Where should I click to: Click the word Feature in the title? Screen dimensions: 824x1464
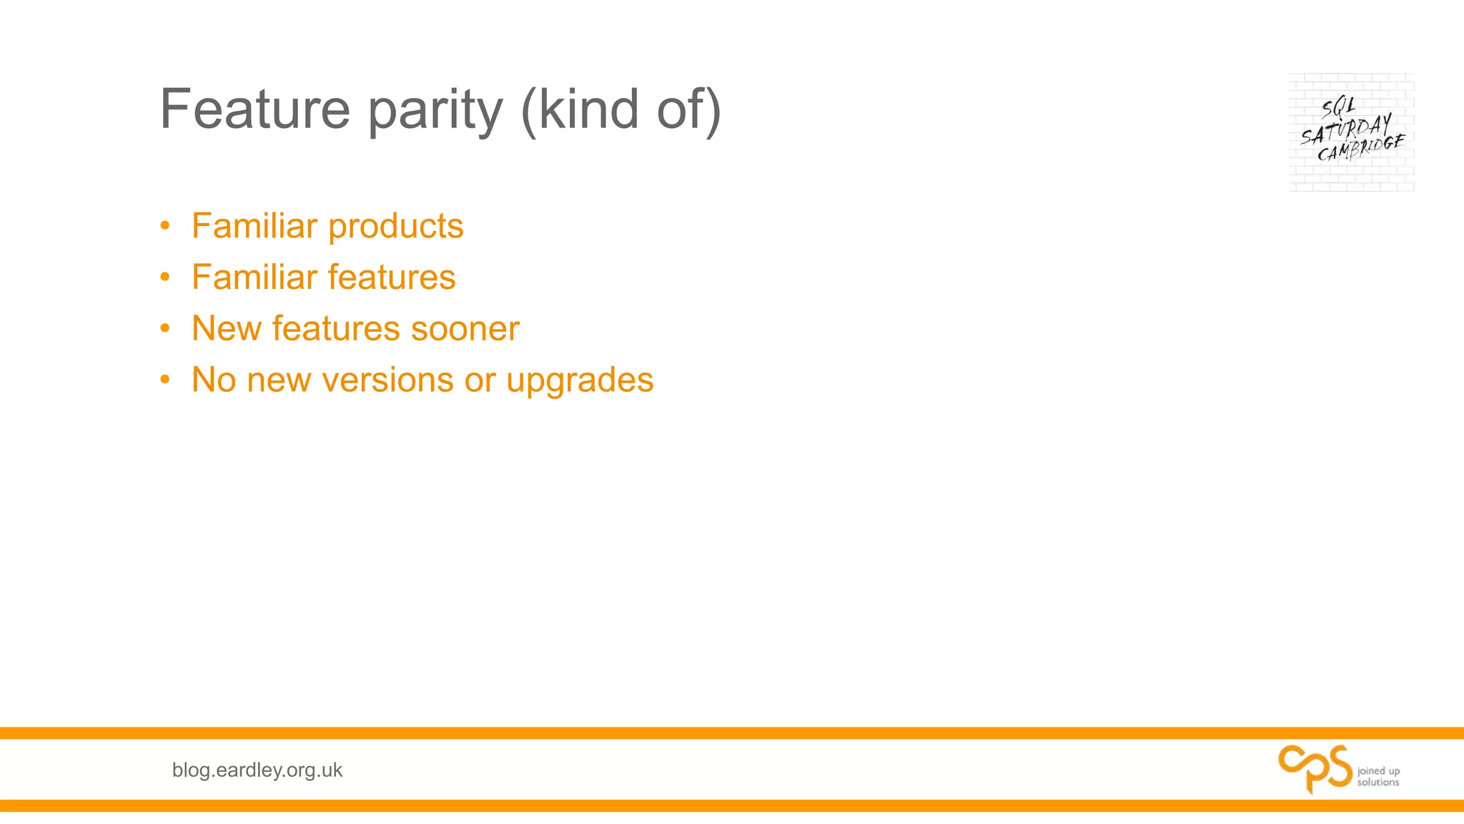coord(254,109)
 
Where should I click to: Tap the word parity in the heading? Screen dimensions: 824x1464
coord(435,110)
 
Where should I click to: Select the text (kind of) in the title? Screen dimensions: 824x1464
coord(620,110)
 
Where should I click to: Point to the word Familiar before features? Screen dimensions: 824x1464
coord(254,278)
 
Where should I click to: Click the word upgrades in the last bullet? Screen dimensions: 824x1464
coord(580,381)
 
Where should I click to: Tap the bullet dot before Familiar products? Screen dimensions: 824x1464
coord(165,226)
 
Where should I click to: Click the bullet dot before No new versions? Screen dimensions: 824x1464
coord(165,380)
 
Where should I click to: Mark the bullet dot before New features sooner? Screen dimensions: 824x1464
coord(165,328)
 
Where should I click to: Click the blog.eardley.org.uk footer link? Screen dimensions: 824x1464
coord(257,770)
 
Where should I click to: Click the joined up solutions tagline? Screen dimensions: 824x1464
coord(1378,776)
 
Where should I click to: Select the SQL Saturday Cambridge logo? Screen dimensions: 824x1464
coord(1351,132)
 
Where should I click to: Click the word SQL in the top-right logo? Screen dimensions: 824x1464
coord(1338,107)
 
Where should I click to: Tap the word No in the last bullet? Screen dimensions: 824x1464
coord(214,381)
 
